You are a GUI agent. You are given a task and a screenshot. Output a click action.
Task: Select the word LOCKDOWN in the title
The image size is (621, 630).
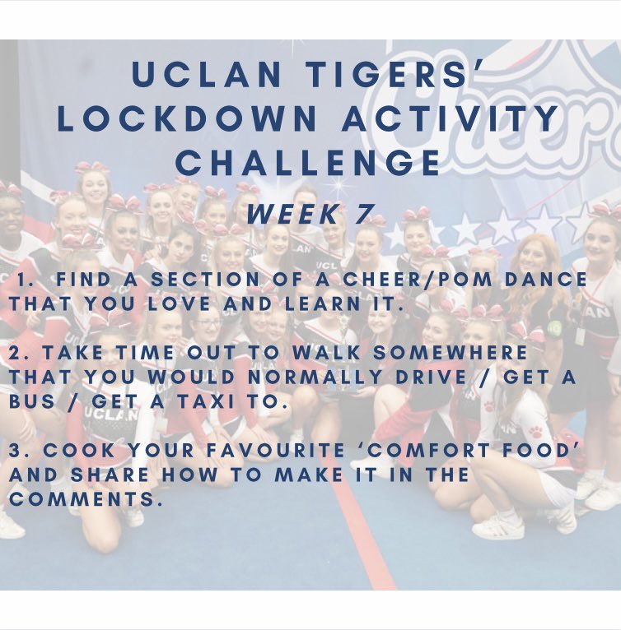click(189, 118)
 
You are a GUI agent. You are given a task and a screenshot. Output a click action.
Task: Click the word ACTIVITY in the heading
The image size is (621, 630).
click(451, 118)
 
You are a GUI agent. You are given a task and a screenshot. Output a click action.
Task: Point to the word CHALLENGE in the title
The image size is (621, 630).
click(310, 162)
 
